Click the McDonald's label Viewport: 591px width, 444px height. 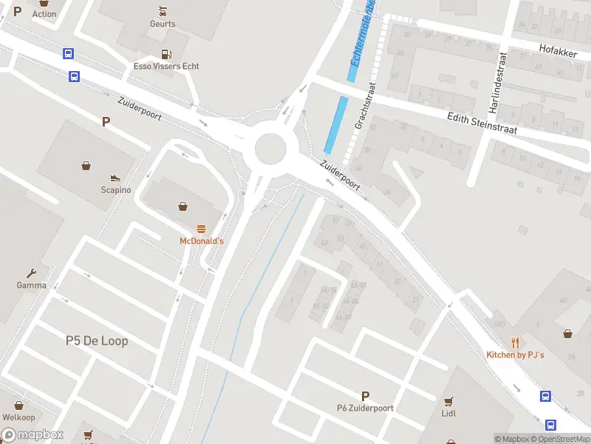[x=201, y=241]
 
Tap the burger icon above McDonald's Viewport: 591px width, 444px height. [x=201, y=229]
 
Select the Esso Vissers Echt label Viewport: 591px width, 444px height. [x=165, y=66]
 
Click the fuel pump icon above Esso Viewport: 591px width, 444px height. [x=165, y=53]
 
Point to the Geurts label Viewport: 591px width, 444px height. [x=163, y=24]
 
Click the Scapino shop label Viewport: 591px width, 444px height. [x=115, y=189]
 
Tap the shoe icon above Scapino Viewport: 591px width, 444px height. [x=115, y=178]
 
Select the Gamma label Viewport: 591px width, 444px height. [x=32, y=285]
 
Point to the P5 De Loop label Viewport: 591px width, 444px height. [x=96, y=340]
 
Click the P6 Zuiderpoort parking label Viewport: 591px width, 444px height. [x=365, y=408]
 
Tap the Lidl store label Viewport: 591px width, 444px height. [x=448, y=413]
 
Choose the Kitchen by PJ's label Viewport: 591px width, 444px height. [x=515, y=355]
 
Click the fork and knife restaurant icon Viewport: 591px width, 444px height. [x=515, y=343]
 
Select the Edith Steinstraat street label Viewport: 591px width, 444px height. [x=482, y=123]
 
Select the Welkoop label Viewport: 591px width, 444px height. [x=18, y=417]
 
